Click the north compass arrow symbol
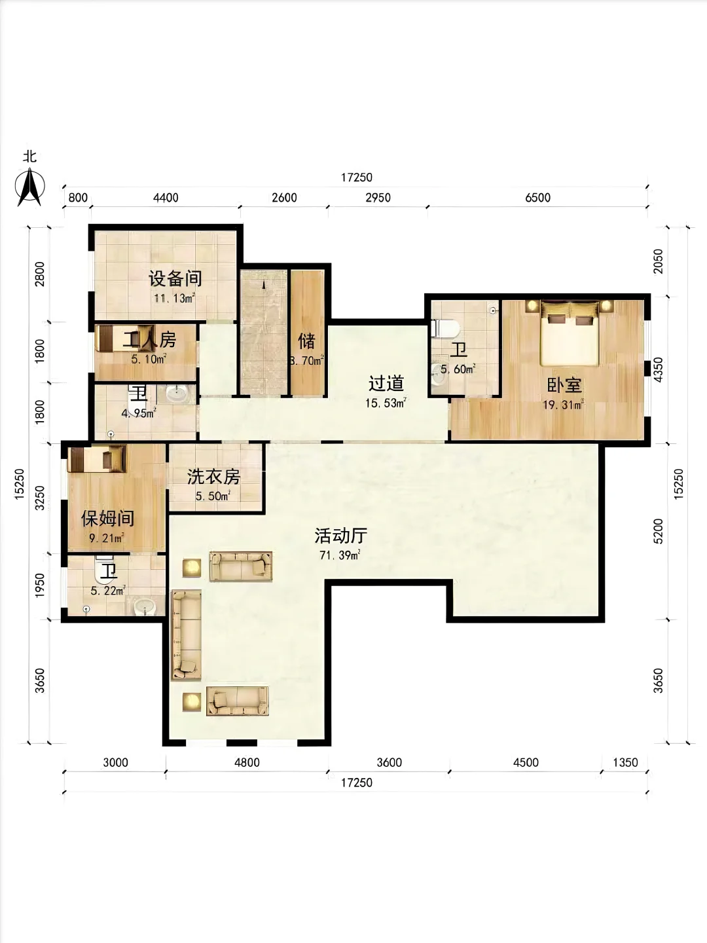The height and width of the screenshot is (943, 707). point(30,187)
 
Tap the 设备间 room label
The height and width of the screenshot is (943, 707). point(175,278)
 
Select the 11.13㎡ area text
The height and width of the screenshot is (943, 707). point(175,298)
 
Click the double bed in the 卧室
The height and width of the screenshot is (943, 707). point(570,333)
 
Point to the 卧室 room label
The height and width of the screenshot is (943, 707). point(564,385)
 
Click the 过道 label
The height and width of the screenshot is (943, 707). point(386,383)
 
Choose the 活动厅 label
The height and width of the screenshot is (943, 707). point(341,536)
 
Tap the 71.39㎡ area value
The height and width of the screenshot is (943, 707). point(340,555)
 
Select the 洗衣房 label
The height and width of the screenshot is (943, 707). point(213,477)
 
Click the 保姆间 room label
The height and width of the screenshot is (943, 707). point(108,519)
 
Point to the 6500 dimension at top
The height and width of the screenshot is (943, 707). point(537,198)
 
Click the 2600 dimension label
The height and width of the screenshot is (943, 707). point(284,198)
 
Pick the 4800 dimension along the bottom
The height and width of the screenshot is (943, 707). point(247,762)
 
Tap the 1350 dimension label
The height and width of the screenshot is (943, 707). point(625,762)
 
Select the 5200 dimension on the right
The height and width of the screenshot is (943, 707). point(658,532)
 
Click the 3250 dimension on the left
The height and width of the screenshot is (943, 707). point(39,498)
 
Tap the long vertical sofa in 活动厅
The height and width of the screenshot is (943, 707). point(187,635)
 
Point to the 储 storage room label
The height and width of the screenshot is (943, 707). point(307,341)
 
